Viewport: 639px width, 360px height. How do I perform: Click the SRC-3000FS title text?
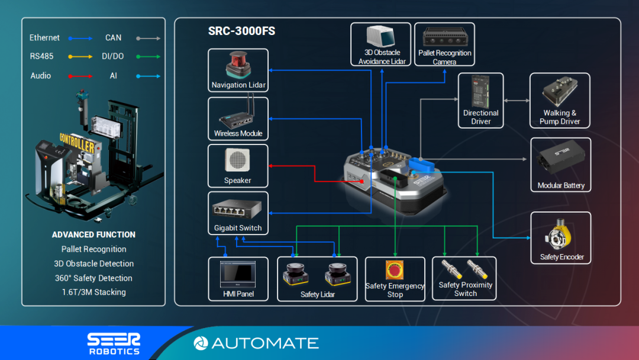coord(241,31)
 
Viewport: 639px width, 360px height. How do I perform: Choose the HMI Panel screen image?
coord(237,274)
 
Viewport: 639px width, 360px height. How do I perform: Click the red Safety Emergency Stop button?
coord(395,270)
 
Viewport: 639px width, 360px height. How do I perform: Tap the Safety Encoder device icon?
coord(561,236)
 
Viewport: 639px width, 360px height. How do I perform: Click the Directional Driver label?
coord(481,117)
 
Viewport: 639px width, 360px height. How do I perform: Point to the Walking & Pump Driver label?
coord(560,117)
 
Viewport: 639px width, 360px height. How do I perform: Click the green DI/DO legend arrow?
coord(147,57)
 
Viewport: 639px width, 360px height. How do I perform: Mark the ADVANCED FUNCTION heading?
coord(93,234)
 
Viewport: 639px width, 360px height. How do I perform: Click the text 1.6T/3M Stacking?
coord(93,292)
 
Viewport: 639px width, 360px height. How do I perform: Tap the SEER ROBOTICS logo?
coord(114,343)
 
